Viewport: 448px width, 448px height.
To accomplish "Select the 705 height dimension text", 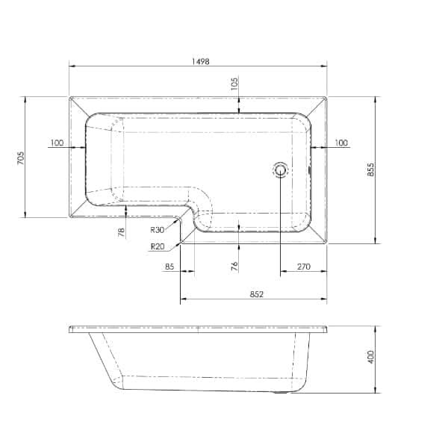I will (21, 158).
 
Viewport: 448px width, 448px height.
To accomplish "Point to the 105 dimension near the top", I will (234, 83).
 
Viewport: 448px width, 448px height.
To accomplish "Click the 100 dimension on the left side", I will (57, 142).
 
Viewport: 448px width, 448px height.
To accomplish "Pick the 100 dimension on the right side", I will (341, 142).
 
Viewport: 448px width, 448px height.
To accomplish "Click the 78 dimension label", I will (121, 232).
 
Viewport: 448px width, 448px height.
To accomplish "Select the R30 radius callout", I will (157, 230).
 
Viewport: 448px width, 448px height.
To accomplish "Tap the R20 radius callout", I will (157, 246).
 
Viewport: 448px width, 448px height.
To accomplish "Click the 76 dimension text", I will (234, 266).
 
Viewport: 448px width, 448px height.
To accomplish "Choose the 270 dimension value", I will (303, 266).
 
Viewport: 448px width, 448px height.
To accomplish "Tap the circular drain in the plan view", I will (281, 169).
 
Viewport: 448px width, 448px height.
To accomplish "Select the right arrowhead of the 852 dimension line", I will (324, 302).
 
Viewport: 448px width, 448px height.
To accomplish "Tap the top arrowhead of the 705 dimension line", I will (27, 99).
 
